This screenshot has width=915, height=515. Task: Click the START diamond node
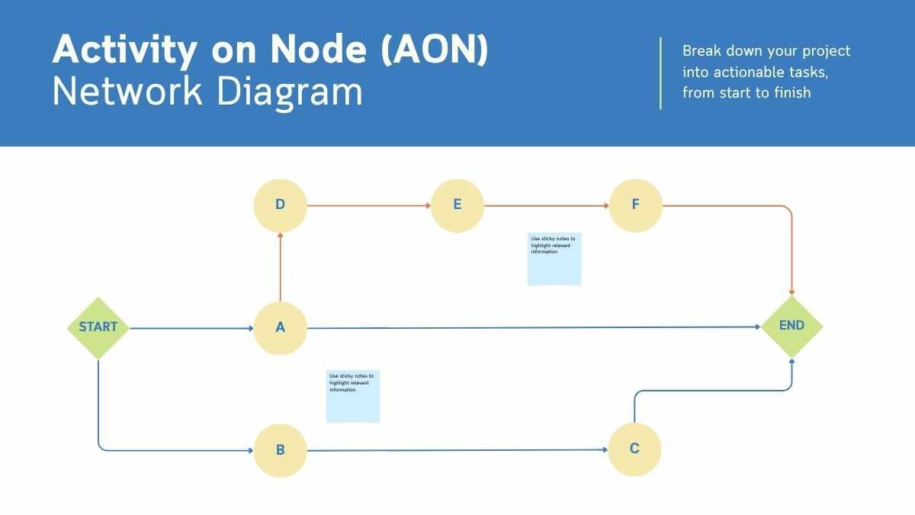point(98,328)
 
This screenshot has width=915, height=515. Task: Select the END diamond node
point(792,327)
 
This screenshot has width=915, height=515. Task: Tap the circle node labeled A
point(280,328)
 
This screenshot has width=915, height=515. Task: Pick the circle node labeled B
point(280,450)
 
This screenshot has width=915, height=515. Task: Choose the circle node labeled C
point(634,449)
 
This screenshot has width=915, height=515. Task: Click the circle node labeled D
point(280,205)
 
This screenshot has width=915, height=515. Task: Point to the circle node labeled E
point(457,205)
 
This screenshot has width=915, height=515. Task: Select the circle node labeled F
point(635,205)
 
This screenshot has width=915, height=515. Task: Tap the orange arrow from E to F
point(546,206)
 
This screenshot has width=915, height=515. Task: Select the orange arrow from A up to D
point(281,267)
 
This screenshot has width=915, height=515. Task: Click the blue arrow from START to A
point(191,329)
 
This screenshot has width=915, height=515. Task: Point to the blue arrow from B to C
point(457,451)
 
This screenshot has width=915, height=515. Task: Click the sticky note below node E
point(554,259)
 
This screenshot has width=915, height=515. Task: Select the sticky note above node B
point(353,397)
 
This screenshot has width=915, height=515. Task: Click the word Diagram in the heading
point(290,92)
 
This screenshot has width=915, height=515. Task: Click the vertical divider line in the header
point(660,72)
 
